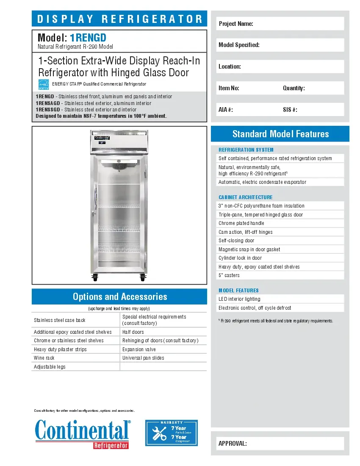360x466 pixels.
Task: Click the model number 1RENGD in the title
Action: pyautogui.click(x=91, y=38)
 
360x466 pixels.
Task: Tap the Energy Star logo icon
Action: pyautogui.click(x=44, y=84)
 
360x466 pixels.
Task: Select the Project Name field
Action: pyautogui.click(x=280, y=24)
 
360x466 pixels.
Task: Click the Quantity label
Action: pyautogui.click(x=294, y=88)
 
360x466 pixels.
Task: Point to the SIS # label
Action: pyautogui.click(x=290, y=110)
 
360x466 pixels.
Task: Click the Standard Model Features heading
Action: pyautogui.click(x=280, y=134)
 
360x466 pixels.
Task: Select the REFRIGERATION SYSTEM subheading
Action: pyautogui.click(x=246, y=150)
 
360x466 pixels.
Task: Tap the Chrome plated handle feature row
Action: pyautogui.click(x=280, y=223)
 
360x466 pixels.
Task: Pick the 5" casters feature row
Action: pyautogui.click(x=280, y=275)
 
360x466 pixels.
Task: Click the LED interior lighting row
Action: pyautogui.click(x=280, y=299)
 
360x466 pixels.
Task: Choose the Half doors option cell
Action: pyautogui.click(x=163, y=332)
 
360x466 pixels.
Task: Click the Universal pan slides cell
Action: pyautogui.click(x=163, y=358)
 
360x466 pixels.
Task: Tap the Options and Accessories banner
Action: pyautogui.click(x=119, y=297)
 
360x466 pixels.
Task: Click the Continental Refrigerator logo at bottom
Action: pyautogui.click(x=83, y=433)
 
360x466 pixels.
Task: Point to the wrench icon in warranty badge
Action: pyautogui.click(x=159, y=433)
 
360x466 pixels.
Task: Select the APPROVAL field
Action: pyautogui.click(x=280, y=444)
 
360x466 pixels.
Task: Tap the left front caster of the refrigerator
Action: pyautogui.click(x=94, y=278)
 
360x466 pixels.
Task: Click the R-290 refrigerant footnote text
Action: pyautogui.click(x=276, y=321)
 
